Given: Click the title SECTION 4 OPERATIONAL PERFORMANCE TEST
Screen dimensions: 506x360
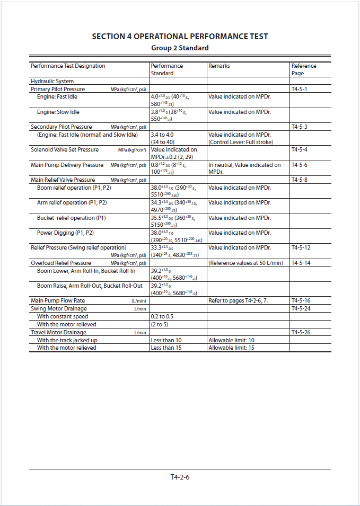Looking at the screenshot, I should click(180, 37).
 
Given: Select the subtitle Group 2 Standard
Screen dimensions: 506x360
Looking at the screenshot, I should click(180, 48).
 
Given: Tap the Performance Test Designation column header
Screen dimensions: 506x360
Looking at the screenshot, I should click(68, 66).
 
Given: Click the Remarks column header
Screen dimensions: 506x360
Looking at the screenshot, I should click(219, 66).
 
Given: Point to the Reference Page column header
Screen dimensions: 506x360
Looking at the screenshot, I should click(304, 69).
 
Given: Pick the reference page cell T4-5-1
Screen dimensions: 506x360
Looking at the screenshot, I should click(299, 90).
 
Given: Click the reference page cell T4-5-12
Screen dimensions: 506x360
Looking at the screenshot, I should click(301, 247).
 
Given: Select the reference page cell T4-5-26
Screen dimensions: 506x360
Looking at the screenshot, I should click(301, 332).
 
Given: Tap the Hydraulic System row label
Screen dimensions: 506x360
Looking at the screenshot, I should click(52, 82).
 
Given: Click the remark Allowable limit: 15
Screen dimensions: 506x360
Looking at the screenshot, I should click(231, 348).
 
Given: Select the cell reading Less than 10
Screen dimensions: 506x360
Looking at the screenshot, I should click(166, 340).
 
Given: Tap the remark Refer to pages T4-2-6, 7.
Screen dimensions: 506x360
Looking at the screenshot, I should click(238, 300).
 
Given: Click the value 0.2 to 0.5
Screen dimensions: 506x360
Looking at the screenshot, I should click(162, 316).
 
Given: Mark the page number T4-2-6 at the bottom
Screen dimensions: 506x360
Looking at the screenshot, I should click(180, 477).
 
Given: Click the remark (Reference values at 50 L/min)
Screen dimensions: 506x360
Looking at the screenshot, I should click(245, 263).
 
